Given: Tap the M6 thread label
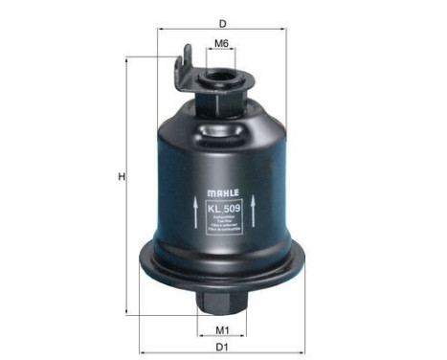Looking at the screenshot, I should [221, 43].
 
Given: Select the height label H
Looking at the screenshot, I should [122, 176].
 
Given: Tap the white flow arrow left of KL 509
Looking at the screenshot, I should [197, 214].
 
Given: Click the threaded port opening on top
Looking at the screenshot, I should [221, 71].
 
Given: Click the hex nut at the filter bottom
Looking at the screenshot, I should [222, 302].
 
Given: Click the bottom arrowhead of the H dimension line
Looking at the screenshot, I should [133, 315].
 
